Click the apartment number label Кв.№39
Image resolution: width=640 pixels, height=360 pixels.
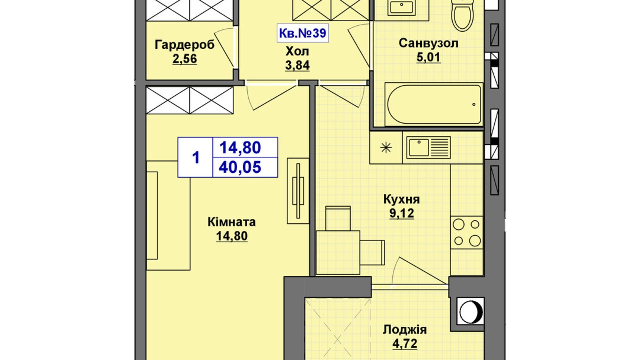[x=302, y=33]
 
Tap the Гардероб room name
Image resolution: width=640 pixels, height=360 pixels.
[x=184, y=45]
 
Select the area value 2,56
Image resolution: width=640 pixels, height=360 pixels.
[x=184, y=59]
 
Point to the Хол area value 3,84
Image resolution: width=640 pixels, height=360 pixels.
[x=297, y=65]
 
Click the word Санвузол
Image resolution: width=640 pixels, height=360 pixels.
[x=428, y=43]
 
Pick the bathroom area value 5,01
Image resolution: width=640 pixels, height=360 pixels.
[x=428, y=57]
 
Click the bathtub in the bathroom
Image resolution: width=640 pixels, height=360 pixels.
[x=433, y=104]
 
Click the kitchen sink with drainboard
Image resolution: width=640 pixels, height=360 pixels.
[x=428, y=147]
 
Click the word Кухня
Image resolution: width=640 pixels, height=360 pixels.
[x=401, y=200]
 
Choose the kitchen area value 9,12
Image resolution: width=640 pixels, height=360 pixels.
[x=401, y=214]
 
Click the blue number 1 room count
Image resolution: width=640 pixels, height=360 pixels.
[x=195, y=158]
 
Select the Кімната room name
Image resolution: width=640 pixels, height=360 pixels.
[x=231, y=222]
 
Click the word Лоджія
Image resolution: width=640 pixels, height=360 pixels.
[x=404, y=330]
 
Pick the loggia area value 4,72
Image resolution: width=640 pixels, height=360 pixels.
[x=404, y=344]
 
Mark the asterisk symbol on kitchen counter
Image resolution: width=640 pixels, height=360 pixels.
[x=386, y=148]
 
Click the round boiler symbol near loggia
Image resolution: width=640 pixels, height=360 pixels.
[x=470, y=311]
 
